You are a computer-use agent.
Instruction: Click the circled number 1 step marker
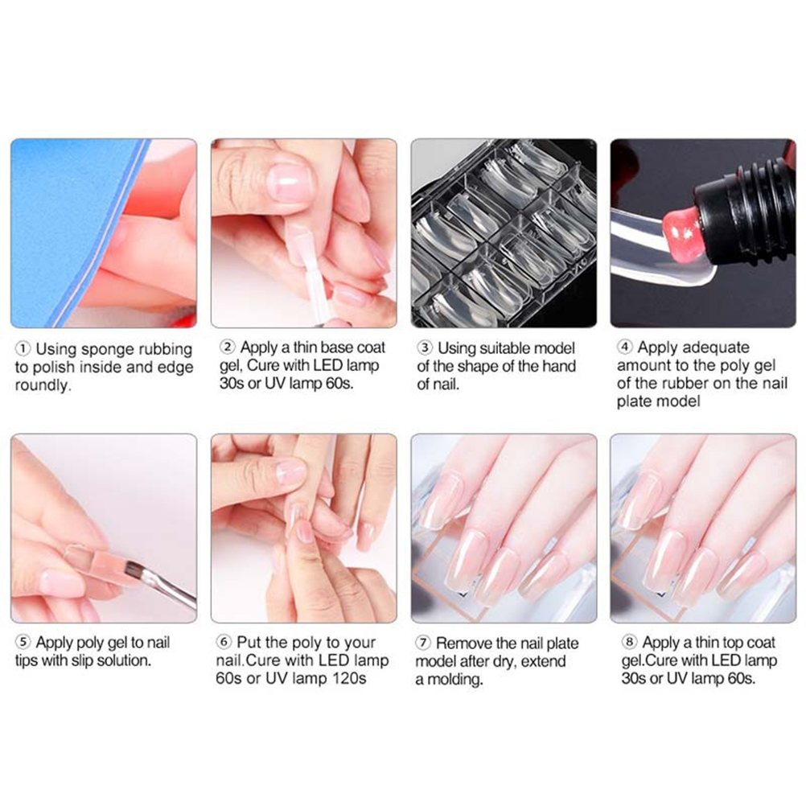click(23, 349)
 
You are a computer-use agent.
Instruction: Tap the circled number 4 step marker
click(624, 347)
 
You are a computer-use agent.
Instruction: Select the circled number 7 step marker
click(422, 643)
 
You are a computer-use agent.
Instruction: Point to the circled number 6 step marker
click(224, 642)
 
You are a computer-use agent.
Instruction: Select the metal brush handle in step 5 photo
click(171, 590)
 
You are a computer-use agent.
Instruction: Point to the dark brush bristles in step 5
click(135, 569)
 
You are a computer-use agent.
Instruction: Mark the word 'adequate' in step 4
click(719, 347)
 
